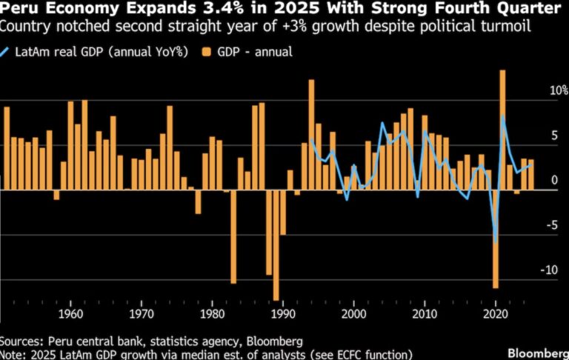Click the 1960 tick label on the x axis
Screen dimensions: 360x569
pyautogui.click(x=70, y=313)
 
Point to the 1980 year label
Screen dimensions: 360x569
pyautogui.click(x=212, y=313)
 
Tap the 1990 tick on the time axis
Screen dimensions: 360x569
pyautogui.click(x=282, y=313)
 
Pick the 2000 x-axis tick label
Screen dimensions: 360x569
pyautogui.click(x=353, y=313)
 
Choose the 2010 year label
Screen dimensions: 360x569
pyautogui.click(x=424, y=313)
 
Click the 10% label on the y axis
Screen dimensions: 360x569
pyautogui.click(x=550, y=90)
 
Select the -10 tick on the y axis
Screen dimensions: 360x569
pyautogui.click(x=548, y=270)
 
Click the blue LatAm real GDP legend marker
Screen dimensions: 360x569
pyautogui.click(x=7, y=53)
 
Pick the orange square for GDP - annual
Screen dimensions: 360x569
pyautogui.click(x=206, y=53)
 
